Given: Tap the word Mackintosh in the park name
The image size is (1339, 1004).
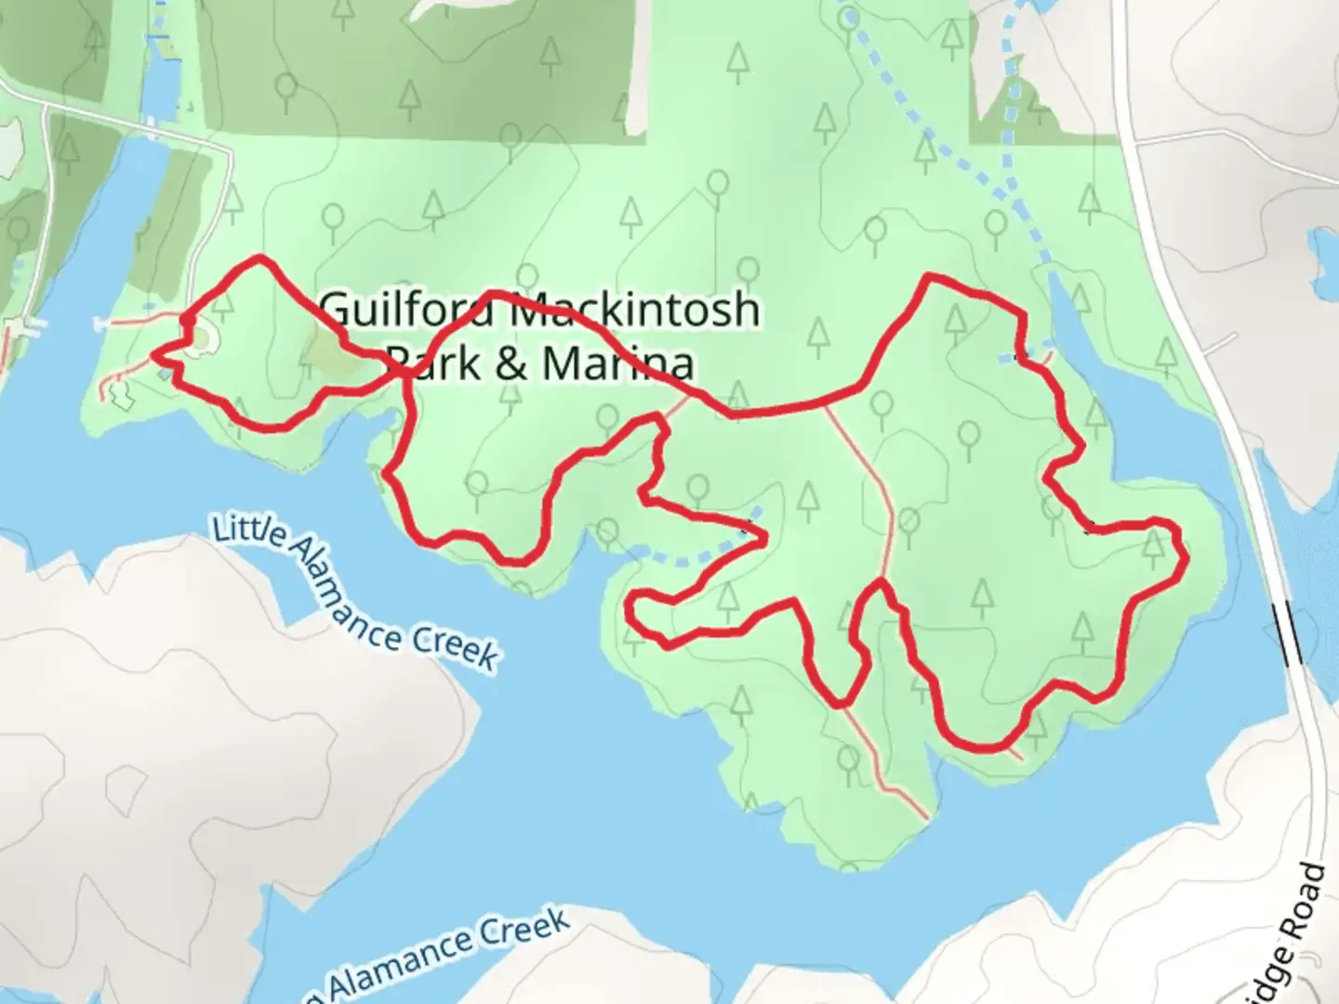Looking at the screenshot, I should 636,310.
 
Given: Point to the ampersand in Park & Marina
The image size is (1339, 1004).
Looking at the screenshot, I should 510,363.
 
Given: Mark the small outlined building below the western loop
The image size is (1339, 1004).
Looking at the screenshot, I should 118,395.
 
